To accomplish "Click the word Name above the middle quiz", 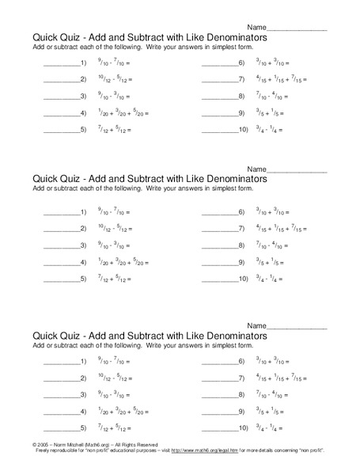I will pyautogui.click(x=256, y=170).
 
